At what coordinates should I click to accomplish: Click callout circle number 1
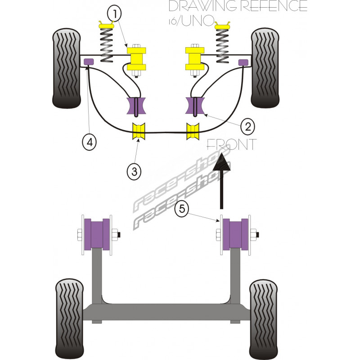(x=115, y=13)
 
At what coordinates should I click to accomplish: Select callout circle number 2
(x=247, y=127)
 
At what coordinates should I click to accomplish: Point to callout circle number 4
(x=89, y=142)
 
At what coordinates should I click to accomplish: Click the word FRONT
(x=231, y=144)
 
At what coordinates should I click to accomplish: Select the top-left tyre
(x=67, y=68)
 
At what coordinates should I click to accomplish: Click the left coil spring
(x=107, y=44)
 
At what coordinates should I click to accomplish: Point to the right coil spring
(x=222, y=44)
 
